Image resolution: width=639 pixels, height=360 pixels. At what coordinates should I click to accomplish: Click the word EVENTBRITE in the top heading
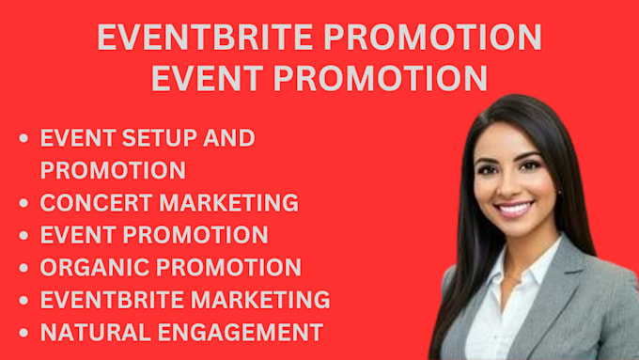(x=205, y=37)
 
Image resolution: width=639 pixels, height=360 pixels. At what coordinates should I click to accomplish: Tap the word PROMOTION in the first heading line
(x=432, y=37)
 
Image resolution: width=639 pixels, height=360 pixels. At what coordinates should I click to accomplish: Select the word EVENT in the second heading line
(x=207, y=78)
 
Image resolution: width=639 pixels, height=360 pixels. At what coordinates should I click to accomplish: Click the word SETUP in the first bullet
(x=160, y=138)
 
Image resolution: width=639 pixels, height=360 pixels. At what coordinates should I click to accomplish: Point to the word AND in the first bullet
(x=229, y=138)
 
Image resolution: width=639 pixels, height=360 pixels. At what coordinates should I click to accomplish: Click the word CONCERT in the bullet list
(x=95, y=203)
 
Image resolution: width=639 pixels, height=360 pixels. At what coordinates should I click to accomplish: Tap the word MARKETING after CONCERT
(x=228, y=203)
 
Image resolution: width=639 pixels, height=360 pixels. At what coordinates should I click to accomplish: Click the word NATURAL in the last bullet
(x=95, y=333)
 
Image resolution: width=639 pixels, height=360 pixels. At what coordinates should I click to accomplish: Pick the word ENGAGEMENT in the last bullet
(x=241, y=333)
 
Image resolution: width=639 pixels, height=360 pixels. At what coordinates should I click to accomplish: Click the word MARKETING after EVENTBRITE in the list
(x=260, y=300)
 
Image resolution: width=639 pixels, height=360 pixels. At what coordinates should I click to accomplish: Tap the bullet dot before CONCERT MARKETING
(x=23, y=203)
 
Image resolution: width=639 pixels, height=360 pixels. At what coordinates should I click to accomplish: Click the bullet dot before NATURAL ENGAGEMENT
(x=23, y=333)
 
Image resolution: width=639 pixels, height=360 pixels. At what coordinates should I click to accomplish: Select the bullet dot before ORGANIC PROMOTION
(x=23, y=268)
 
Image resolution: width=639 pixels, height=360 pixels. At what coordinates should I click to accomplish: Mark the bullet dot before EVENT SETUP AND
(x=23, y=138)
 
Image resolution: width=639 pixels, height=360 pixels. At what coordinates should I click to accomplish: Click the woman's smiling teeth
(x=514, y=210)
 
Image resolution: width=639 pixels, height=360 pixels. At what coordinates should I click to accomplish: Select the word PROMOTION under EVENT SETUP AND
(x=113, y=170)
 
